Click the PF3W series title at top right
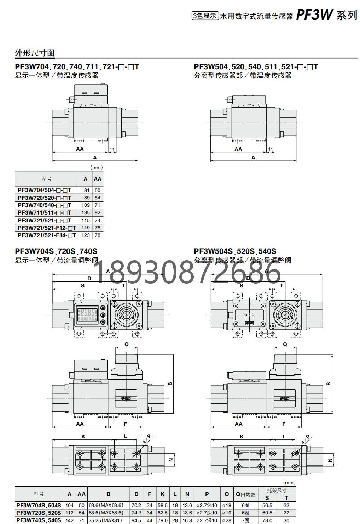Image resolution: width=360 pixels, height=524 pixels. [x=327, y=15]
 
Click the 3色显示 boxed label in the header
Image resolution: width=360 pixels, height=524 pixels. [x=205, y=16]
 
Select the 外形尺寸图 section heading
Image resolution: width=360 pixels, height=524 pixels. [x=35, y=53]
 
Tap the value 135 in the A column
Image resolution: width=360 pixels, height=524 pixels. [x=86, y=212]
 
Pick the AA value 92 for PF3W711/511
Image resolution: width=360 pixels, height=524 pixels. [x=98, y=212]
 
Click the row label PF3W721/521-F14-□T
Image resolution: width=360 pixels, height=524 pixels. [x=47, y=235]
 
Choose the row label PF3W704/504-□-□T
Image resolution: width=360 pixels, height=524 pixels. [x=44, y=190]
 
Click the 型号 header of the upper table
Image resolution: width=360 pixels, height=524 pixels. [x=47, y=179]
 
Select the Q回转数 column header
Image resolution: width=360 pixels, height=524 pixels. [x=245, y=494]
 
